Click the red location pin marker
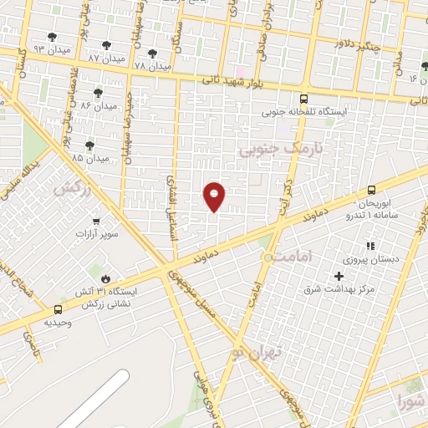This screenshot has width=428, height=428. click(215, 196)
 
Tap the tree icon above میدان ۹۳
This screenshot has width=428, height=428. click(52, 36)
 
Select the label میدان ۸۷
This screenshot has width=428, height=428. click(105, 59)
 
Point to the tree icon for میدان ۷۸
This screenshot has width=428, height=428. click(151, 54)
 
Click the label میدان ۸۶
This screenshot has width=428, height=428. click(98, 105)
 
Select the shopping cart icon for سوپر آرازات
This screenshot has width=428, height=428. click(98, 222)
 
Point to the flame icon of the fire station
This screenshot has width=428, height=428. click(104, 278)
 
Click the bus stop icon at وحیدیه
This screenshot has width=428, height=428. click(57, 308)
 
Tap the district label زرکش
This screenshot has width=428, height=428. click(73, 189)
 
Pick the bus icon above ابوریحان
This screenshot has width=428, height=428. click(372, 190)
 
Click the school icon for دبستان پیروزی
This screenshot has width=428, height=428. click(370, 246)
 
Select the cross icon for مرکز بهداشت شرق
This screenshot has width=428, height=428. click(339, 276)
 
